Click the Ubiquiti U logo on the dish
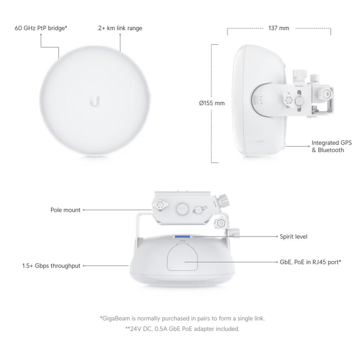point(94,101)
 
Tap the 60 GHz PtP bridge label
point(41,28)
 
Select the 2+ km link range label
point(120,28)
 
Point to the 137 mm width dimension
point(279,28)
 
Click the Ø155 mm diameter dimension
point(212,103)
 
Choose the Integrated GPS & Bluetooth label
point(331,147)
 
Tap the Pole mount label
point(65,210)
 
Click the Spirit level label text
point(294,237)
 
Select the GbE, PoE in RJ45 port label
point(311,262)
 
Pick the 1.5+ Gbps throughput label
point(51,266)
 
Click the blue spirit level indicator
point(183,236)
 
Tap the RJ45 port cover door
point(183,257)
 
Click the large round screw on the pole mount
point(183,209)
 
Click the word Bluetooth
point(331,150)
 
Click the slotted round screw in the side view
point(299,101)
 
